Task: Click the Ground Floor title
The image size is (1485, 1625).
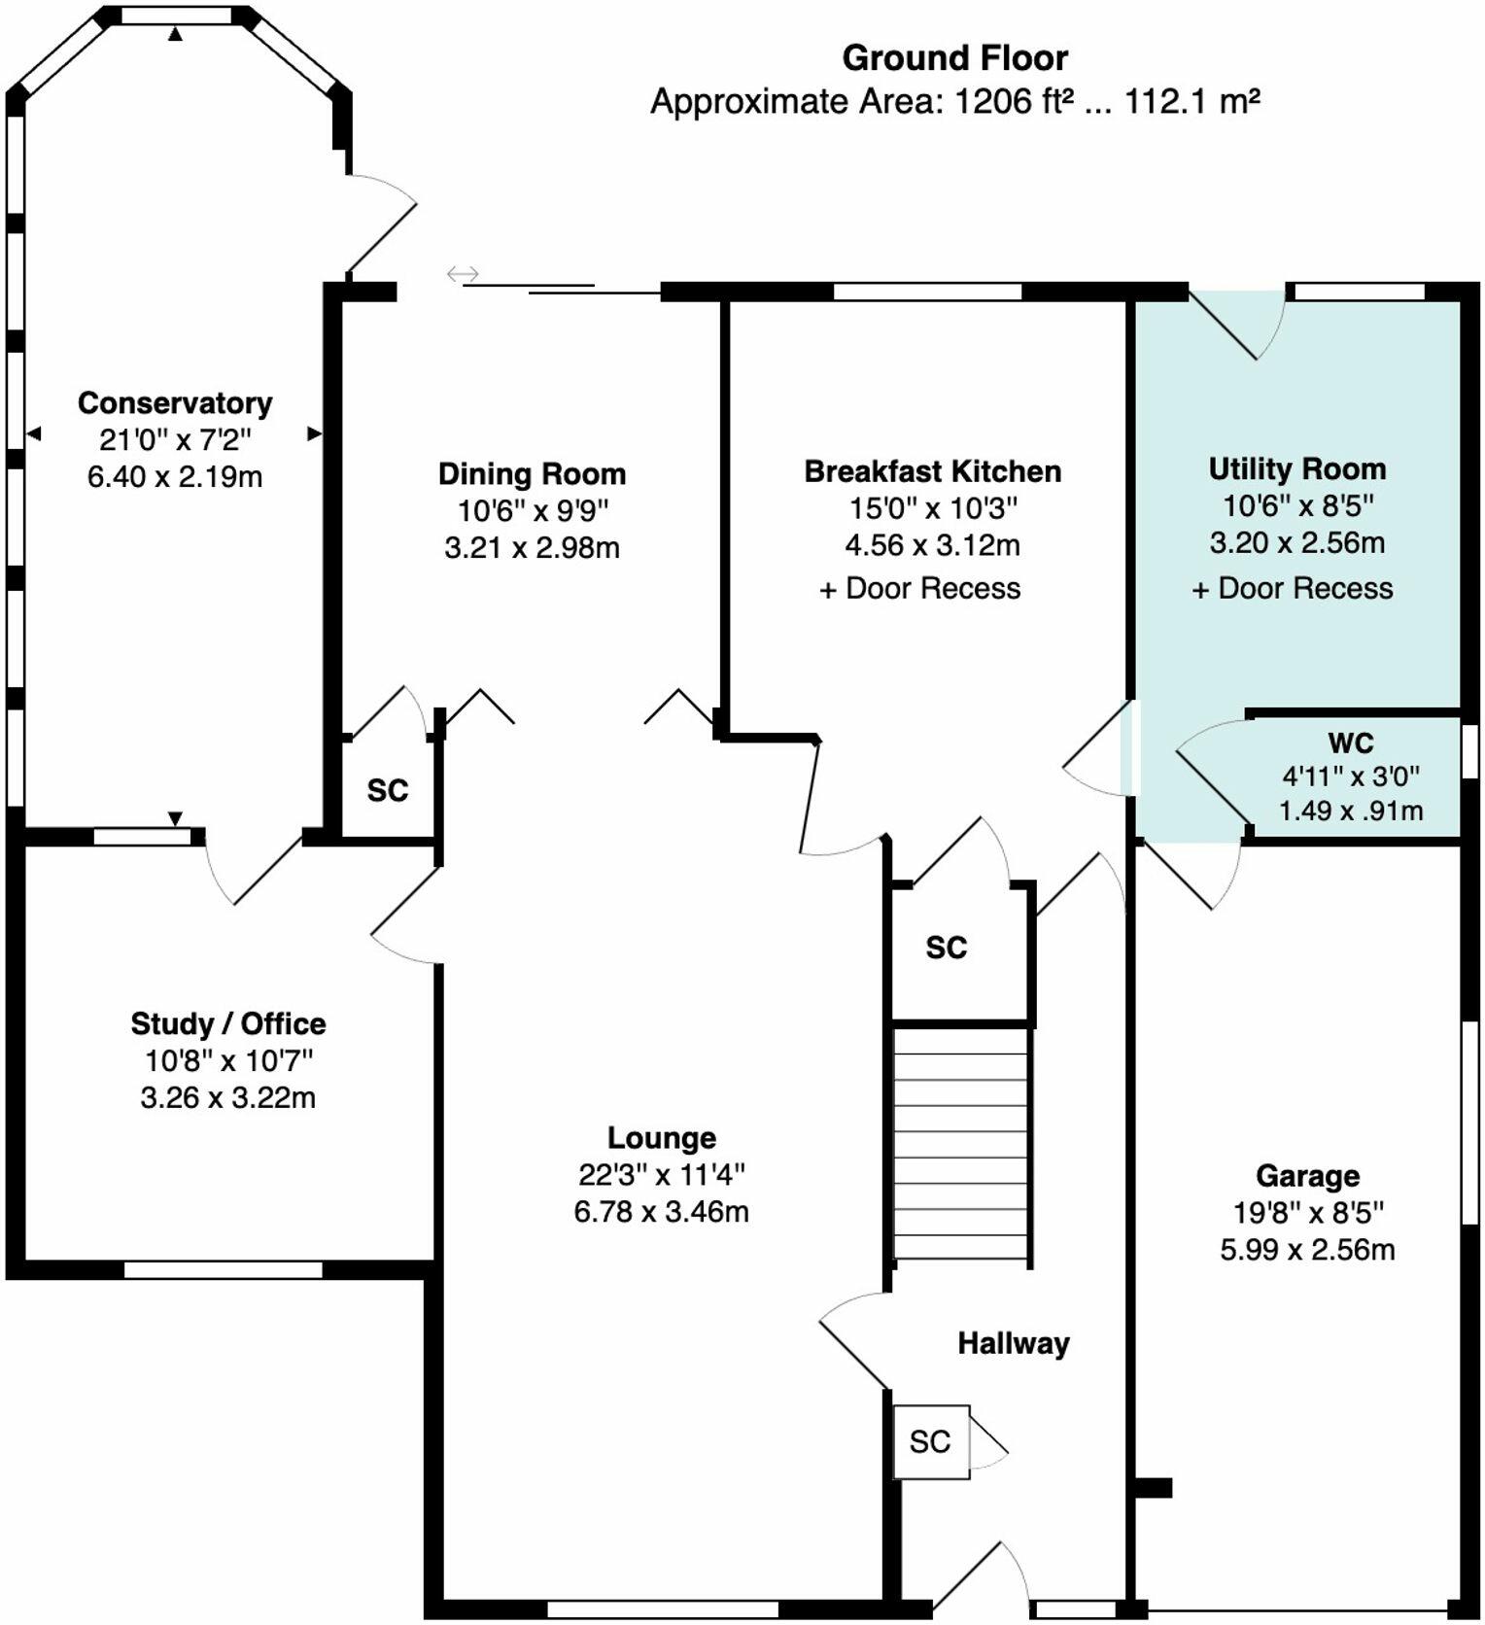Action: click(x=954, y=58)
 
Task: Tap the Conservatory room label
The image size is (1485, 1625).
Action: click(x=175, y=403)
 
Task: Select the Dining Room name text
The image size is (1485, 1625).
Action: click(x=532, y=474)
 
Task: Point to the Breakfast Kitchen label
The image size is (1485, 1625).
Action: click(x=933, y=471)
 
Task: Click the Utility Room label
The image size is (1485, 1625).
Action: click(x=1297, y=469)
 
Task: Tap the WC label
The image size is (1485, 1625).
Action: click(x=1351, y=743)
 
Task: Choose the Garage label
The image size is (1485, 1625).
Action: click(x=1307, y=1176)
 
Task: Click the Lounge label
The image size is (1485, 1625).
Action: click(x=662, y=1138)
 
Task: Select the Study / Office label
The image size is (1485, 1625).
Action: click(x=228, y=1023)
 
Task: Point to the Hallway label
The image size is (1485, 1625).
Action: click(x=1014, y=1343)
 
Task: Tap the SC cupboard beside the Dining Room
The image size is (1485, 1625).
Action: click(x=388, y=787)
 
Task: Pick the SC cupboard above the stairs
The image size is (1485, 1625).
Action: click(x=959, y=951)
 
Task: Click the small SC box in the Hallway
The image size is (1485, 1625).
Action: click(x=931, y=1441)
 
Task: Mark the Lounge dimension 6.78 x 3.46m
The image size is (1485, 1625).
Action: click(x=662, y=1212)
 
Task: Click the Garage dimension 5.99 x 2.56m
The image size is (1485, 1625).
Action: click(x=1307, y=1250)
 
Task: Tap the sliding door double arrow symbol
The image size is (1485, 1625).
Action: click(x=463, y=274)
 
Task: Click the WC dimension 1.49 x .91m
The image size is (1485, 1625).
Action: click(x=1351, y=810)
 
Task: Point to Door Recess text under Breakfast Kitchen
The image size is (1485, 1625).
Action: click(x=933, y=588)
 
